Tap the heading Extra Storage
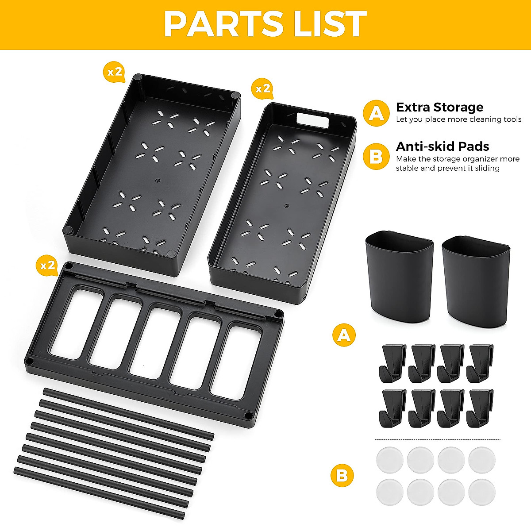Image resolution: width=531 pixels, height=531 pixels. (x=439, y=108)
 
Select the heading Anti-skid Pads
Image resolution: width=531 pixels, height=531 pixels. (x=442, y=146)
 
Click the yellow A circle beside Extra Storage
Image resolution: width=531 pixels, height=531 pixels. (x=376, y=114)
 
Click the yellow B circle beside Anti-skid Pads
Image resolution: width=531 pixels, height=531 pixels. (x=376, y=157)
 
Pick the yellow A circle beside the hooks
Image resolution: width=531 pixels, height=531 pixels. (x=344, y=335)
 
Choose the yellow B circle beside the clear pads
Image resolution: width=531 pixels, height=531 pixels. (x=342, y=476)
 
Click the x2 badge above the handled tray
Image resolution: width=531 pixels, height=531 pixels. (x=262, y=88)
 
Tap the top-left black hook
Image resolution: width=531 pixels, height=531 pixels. (x=391, y=363)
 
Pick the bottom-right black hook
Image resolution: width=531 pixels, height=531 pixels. (x=480, y=408)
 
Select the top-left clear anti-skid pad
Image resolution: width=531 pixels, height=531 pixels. (x=389, y=460)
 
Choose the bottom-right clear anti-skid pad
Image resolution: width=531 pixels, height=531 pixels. (x=482, y=492)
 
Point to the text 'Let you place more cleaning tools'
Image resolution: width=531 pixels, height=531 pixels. (x=458, y=119)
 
